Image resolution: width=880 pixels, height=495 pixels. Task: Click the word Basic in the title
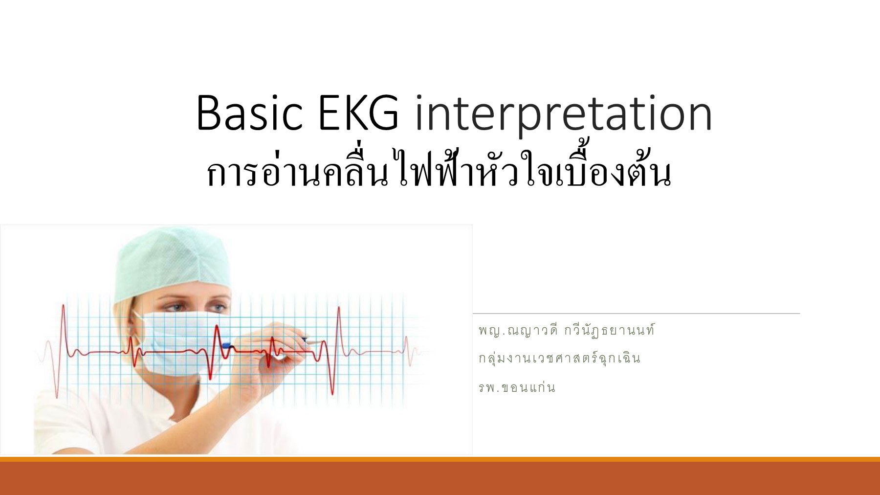(x=249, y=113)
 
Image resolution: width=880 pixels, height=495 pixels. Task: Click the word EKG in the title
(x=358, y=113)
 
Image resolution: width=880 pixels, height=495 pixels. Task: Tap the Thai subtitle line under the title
(x=439, y=171)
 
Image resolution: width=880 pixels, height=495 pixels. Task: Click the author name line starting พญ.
(x=566, y=331)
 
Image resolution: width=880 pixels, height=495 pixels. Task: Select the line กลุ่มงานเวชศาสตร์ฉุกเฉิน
(x=559, y=359)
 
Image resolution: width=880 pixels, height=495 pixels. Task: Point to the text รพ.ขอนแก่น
(x=517, y=388)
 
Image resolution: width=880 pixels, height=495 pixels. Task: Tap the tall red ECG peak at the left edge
(x=63, y=313)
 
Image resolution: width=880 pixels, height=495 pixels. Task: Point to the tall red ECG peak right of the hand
(x=338, y=313)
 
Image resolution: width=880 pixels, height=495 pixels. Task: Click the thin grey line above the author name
(x=636, y=314)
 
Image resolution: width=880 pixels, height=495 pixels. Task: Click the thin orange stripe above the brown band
(x=440, y=459)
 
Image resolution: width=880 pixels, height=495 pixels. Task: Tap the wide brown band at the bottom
(x=440, y=478)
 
